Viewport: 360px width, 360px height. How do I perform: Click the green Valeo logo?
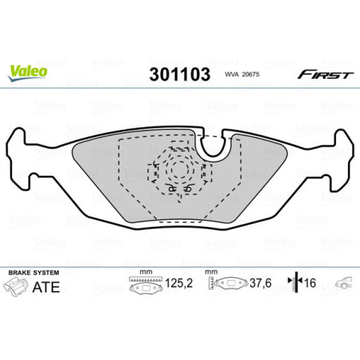(27, 71)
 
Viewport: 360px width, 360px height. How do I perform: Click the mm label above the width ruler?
(146, 272)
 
